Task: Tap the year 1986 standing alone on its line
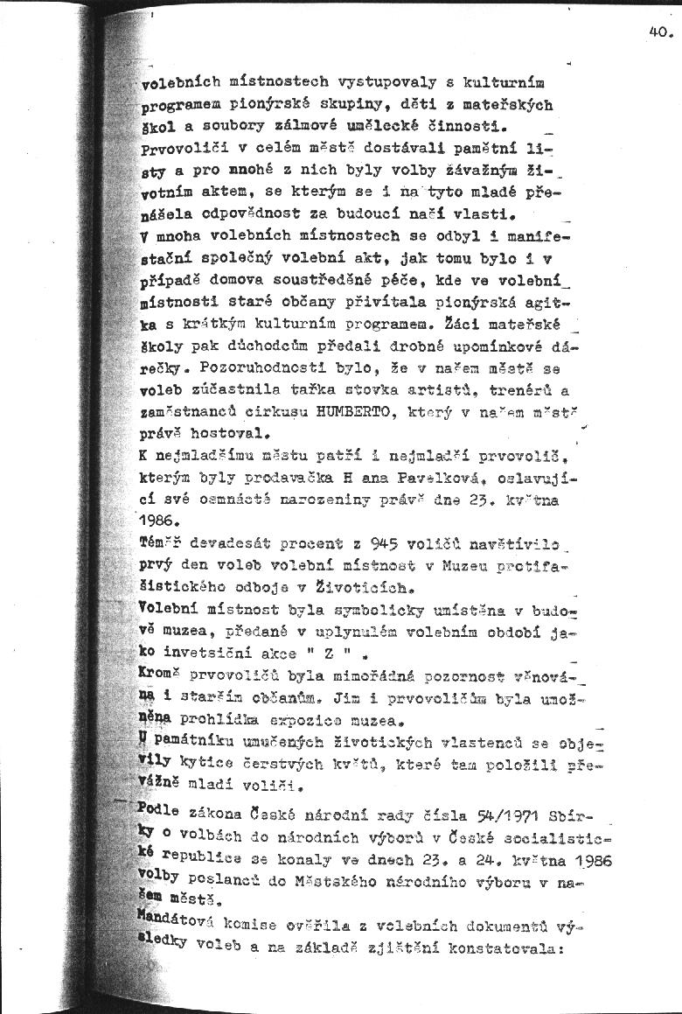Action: (157, 521)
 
